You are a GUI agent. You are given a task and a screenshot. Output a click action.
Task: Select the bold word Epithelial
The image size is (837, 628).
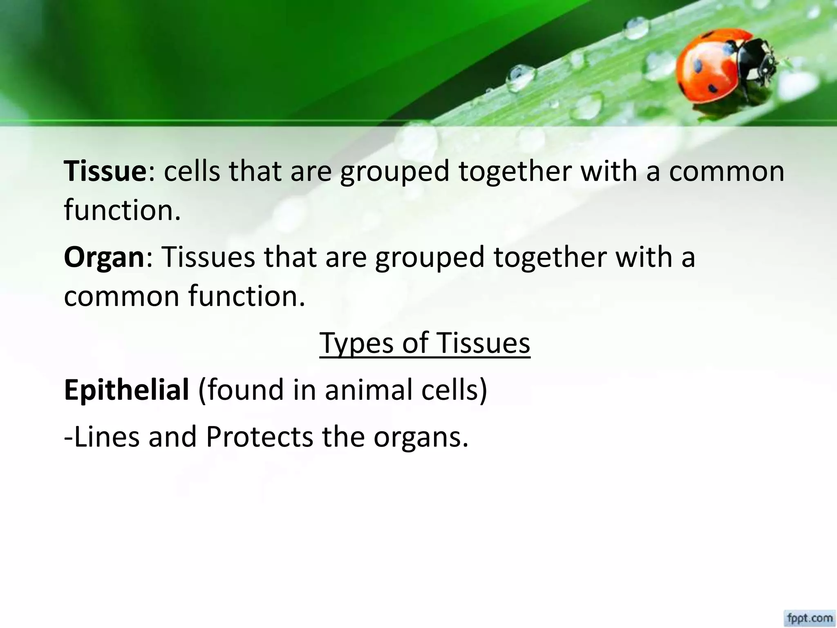coord(126,389)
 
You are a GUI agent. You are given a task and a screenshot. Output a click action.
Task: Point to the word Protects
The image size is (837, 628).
coord(259,437)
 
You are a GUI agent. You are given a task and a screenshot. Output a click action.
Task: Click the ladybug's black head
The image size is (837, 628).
coord(760,61)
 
